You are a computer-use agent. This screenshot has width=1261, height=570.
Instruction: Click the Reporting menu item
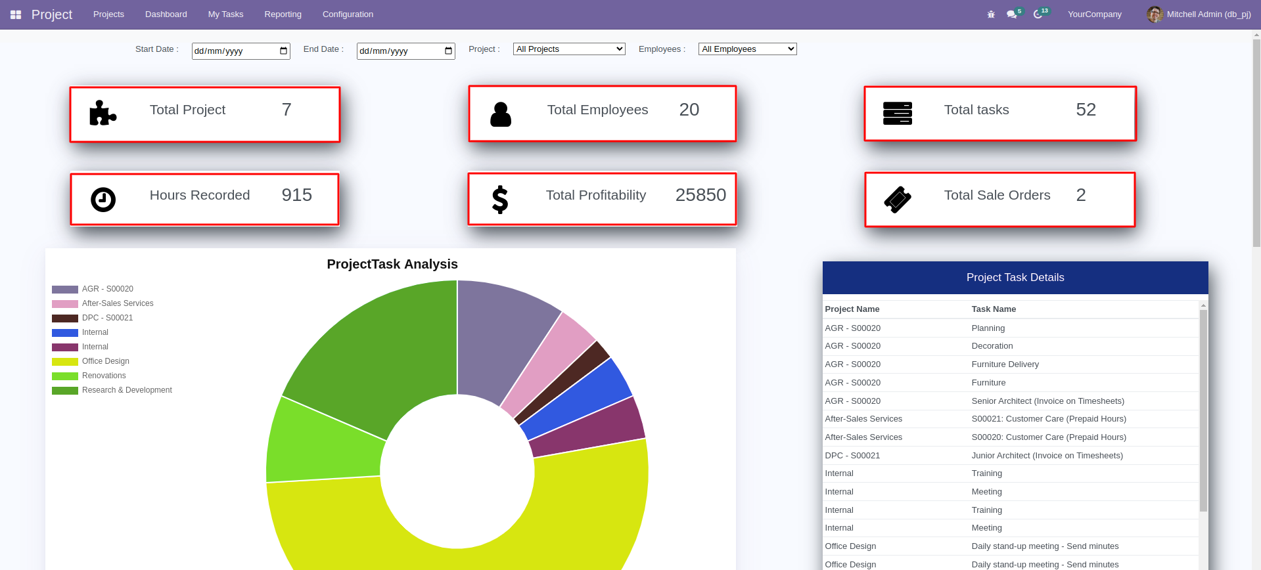tap(283, 14)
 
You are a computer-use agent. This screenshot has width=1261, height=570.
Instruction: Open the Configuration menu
tap(348, 14)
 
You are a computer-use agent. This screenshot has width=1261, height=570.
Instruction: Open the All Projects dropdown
tap(569, 49)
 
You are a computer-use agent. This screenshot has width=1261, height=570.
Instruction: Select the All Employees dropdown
tap(747, 49)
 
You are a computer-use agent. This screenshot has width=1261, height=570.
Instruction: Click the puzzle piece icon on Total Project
tap(103, 113)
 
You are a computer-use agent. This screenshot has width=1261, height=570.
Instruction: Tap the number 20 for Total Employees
tap(689, 110)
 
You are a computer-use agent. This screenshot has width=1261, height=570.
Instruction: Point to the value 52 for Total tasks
tap(1086, 110)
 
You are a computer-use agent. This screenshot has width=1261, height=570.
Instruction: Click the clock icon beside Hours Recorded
tap(103, 200)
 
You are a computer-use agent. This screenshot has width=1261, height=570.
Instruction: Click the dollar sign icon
tap(500, 200)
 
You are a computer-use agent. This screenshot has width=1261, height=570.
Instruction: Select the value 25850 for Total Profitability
tap(700, 195)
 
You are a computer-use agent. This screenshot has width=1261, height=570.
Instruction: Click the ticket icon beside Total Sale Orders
tap(898, 200)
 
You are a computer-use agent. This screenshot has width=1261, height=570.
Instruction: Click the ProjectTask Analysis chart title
tap(392, 264)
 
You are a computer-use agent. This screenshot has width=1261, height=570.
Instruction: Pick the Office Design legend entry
tap(105, 361)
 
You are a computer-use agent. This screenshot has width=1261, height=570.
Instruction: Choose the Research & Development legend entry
tap(127, 390)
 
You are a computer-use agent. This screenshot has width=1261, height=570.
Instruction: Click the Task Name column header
tap(994, 309)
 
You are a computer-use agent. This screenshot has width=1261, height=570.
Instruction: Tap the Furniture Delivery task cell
tap(1005, 364)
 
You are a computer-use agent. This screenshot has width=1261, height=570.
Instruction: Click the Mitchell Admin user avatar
tap(1154, 14)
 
